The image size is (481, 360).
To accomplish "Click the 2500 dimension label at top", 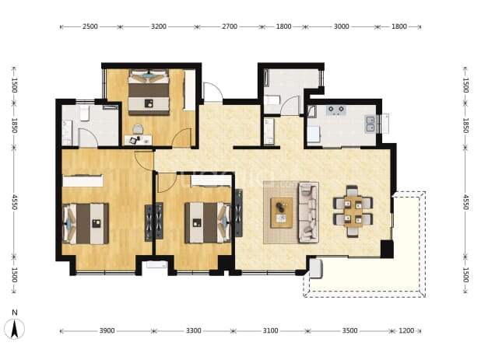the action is tap(90, 26).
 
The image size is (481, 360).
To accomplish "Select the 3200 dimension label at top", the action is tap(159, 26).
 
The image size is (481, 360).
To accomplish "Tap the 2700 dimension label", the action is tap(230, 26).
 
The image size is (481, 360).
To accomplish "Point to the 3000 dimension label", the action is tap(341, 26).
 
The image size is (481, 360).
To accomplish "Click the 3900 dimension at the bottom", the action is tap(107, 330).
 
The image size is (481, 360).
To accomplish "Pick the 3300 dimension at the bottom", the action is tap(194, 330).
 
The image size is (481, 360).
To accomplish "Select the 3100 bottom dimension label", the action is tap(270, 330).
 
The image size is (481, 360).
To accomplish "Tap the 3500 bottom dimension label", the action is tap(349, 330).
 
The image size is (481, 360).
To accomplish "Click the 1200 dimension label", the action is tap(406, 330).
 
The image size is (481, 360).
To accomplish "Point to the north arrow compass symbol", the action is tap(15, 328).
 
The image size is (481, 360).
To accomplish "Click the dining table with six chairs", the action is tap(353, 211).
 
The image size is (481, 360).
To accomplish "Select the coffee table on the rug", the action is tap(281, 212).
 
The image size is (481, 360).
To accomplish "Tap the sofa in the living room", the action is tap(308, 212).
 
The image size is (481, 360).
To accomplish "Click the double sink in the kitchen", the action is tap(370, 124).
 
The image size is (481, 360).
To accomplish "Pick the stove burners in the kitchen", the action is tap(336, 110).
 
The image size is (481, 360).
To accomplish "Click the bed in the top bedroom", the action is tap(149, 93).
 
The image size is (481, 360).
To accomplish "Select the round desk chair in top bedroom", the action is tap(138, 129).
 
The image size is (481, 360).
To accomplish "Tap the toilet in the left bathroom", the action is tap(84, 113).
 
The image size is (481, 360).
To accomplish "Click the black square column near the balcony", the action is tap(387, 249).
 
